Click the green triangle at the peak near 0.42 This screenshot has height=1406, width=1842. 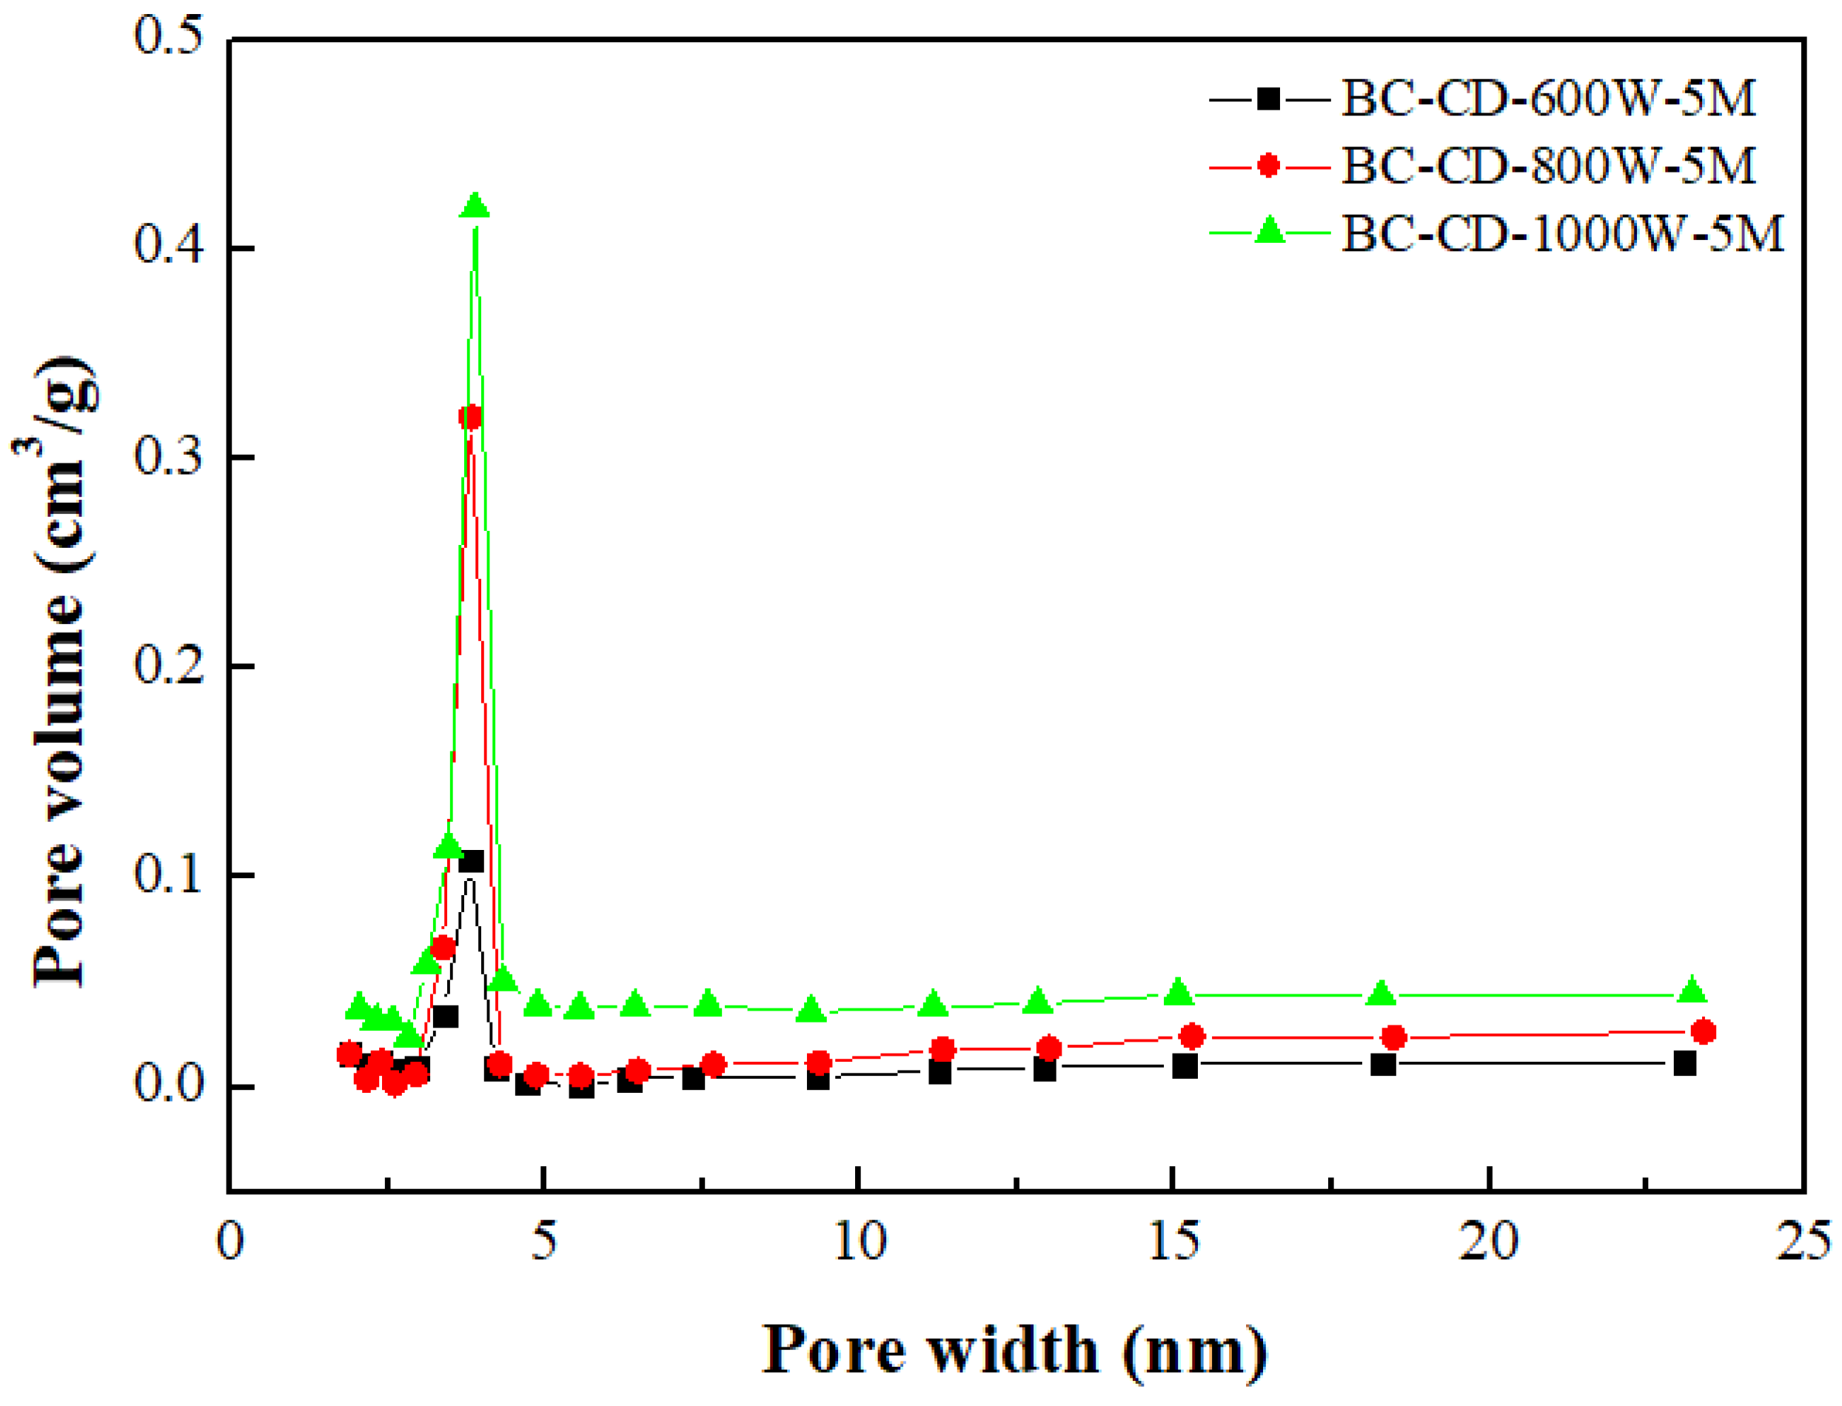point(474,205)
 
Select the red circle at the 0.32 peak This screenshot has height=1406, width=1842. point(470,417)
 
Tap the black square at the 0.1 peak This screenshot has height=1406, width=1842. point(471,862)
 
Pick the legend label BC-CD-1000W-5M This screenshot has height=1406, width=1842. point(1561,232)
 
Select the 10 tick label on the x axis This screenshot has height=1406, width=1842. point(860,1241)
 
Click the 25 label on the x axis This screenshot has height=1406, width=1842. point(1802,1241)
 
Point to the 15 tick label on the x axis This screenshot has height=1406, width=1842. point(1173,1241)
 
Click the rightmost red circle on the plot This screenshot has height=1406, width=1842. point(1703,1032)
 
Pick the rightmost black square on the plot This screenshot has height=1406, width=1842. point(1684,1064)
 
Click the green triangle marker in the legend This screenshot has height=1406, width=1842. point(1270,231)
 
